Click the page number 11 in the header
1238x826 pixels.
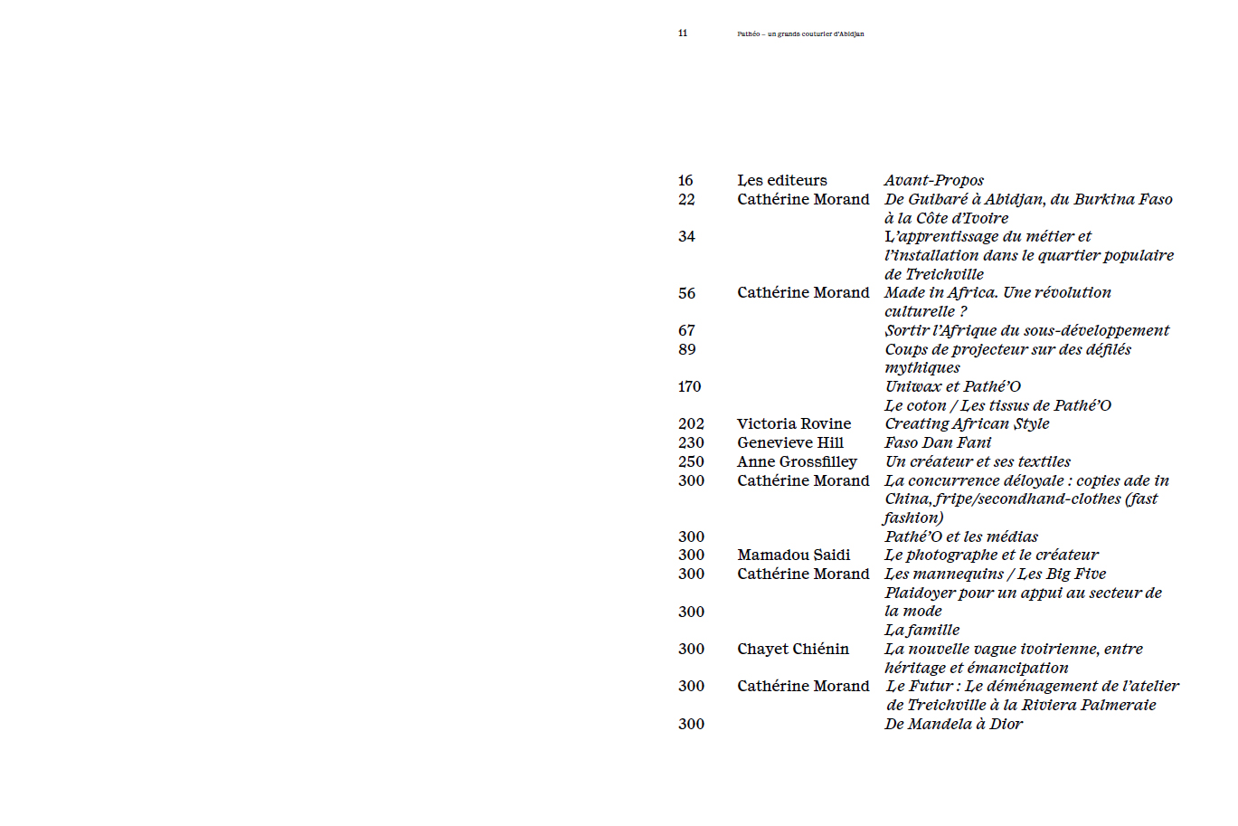pos(682,33)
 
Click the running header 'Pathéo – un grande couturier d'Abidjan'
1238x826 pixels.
pos(800,34)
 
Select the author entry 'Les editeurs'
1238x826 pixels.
pos(781,181)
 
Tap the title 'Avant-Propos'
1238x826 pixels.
pos(933,181)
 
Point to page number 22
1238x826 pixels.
pos(686,200)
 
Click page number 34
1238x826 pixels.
pos(686,237)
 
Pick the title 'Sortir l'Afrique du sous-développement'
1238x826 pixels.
pos(1026,331)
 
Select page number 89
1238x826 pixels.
pos(686,349)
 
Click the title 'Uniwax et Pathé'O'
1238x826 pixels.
pos(952,387)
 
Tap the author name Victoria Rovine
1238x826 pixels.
pos(793,424)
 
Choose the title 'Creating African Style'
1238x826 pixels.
pos(967,424)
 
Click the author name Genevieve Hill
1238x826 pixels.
pos(789,443)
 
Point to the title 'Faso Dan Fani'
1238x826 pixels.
pos(937,443)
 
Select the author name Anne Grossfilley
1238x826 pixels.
pos(796,462)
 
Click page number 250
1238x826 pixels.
pos(690,462)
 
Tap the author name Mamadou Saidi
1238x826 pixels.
pos(793,555)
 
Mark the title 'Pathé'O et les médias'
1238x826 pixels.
pos(960,537)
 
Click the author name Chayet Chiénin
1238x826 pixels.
pos(792,650)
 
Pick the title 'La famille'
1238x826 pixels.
pos(921,631)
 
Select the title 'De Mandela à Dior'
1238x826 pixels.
pos(953,725)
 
